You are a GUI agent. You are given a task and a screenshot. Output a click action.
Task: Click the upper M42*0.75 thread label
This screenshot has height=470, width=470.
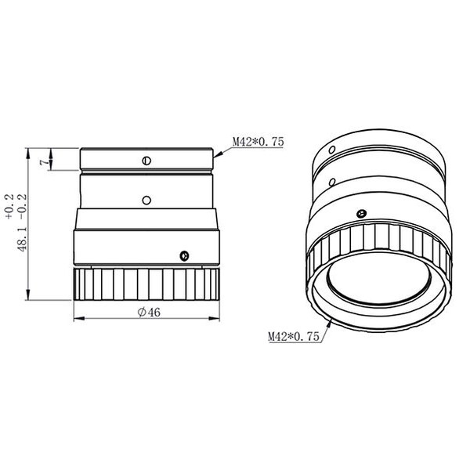point(257,142)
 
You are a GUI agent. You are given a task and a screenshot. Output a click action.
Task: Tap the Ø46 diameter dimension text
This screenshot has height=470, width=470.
point(148,312)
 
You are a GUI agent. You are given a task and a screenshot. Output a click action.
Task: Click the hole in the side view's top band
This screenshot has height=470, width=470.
point(146,162)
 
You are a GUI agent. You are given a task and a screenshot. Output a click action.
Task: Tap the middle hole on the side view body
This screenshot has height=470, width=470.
point(146,201)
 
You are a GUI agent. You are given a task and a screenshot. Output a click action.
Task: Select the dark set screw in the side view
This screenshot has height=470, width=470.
point(183,255)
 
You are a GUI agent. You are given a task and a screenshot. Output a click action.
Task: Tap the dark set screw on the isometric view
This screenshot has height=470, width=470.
point(360,211)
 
